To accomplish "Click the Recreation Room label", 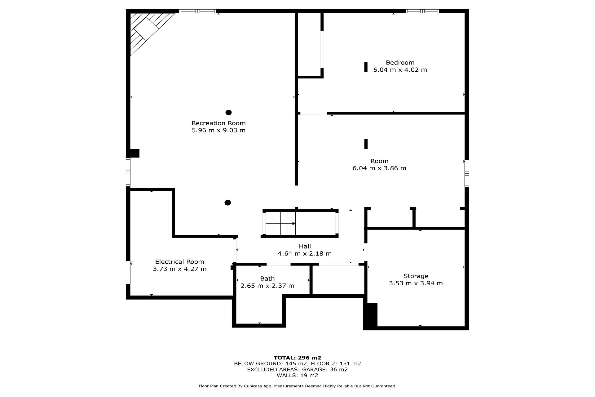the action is (x=218, y=123).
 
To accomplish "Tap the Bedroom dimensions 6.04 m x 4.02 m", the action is (x=400, y=70).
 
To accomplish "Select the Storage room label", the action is (x=416, y=276).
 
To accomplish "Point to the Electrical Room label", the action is (x=180, y=262).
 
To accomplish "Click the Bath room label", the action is (x=267, y=279).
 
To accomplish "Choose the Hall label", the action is (x=305, y=246).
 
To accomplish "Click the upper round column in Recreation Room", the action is (x=228, y=113).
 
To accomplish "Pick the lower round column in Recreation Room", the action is (x=228, y=203).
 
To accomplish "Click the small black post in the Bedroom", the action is (x=366, y=67).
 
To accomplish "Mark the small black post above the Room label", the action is (x=366, y=144).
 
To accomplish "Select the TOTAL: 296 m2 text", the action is (x=297, y=358).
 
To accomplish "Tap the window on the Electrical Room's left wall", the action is (x=128, y=272).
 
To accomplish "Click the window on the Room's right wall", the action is (x=467, y=173).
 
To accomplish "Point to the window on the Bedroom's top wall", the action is (x=422, y=11).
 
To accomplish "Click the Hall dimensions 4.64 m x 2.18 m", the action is (x=305, y=254).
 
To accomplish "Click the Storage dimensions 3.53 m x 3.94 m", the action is (x=416, y=283).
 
